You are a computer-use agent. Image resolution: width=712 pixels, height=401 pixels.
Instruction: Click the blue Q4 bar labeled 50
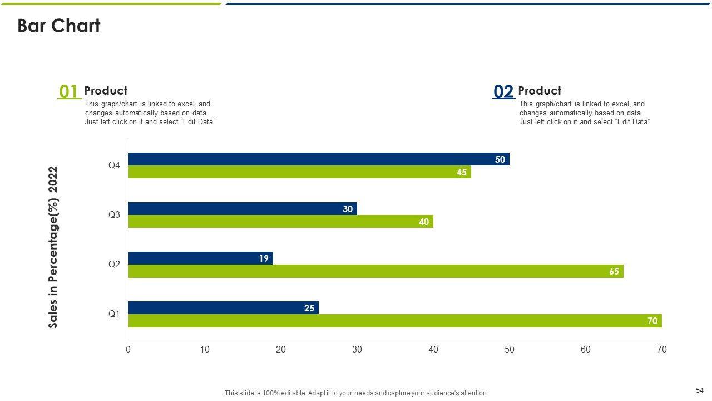[319, 159]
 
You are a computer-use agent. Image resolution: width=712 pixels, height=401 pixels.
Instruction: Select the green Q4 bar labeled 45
[299, 172]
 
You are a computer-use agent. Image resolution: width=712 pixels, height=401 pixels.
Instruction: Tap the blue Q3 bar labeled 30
[243, 209]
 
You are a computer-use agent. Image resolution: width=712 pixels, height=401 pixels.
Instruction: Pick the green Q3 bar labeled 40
[280, 222]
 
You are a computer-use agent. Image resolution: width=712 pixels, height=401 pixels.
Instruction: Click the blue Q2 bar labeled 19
[200, 258]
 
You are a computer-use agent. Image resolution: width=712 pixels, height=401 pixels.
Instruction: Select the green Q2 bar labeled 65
[375, 271]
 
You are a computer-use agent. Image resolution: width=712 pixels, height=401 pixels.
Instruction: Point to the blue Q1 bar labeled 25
[223, 308]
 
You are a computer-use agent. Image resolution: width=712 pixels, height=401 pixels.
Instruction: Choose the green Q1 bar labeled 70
[395, 321]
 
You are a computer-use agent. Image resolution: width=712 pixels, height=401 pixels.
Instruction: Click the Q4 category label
[114, 165]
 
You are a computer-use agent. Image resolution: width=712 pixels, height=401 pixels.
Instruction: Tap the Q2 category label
[114, 265]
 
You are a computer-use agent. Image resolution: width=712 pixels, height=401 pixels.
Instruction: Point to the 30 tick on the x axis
[357, 350]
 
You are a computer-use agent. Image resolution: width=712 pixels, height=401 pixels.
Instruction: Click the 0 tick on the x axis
[128, 350]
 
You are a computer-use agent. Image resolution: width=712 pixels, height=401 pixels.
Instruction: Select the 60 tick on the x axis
[586, 350]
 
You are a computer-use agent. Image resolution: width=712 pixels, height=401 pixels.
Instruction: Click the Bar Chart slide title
[59, 26]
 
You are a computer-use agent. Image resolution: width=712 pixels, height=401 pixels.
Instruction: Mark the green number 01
[68, 91]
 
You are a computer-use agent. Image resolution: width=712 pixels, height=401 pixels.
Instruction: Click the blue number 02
[503, 91]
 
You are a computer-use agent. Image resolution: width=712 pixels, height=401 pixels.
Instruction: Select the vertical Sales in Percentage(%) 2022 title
[53, 247]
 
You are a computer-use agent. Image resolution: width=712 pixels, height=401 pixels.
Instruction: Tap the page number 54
[700, 390]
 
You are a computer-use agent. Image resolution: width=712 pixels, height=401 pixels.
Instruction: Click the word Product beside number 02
[540, 91]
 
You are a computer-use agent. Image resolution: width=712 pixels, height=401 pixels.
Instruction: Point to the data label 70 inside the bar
[652, 321]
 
